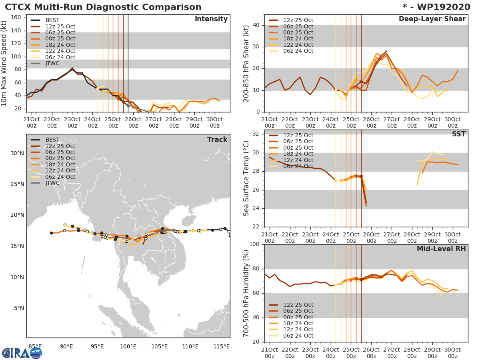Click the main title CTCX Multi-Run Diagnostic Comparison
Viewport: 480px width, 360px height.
(103, 7)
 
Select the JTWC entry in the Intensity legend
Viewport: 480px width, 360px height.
(54, 63)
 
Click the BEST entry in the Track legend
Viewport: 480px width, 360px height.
(52, 140)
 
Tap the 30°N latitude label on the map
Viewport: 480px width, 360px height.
(16, 154)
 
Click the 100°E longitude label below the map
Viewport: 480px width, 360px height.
(128, 346)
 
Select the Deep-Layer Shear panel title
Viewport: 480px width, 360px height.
(432, 19)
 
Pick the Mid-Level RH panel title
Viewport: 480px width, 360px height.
(441, 249)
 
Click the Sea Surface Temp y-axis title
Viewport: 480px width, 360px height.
(246, 178)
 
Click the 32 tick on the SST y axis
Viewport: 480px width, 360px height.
(256, 134)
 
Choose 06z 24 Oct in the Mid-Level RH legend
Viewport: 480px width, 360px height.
(298, 336)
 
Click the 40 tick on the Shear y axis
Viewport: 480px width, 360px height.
(256, 25)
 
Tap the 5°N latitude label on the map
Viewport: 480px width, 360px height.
(18, 308)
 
